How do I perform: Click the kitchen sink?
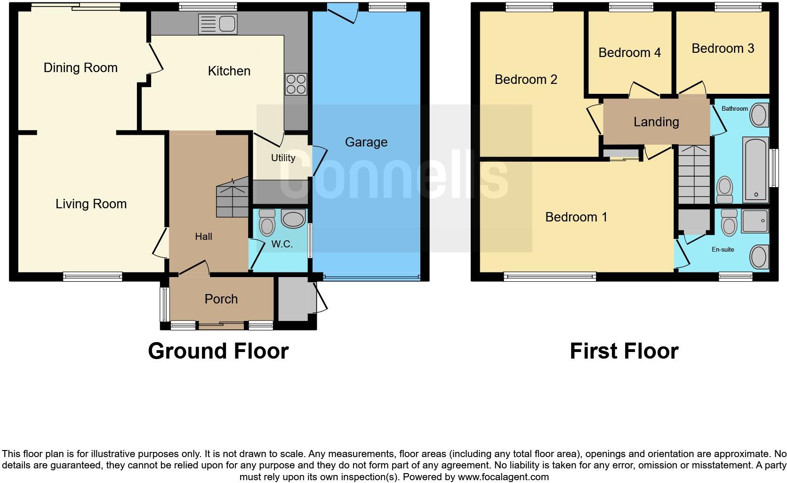tap(218, 24)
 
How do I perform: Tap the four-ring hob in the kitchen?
tap(296, 84)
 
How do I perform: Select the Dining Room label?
tap(80, 68)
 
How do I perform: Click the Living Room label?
tap(91, 204)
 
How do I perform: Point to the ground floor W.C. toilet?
tap(267, 222)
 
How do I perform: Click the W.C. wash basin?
tap(293, 219)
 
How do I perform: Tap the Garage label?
tap(366, 142)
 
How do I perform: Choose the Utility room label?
tap(283, 158)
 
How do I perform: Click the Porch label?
tap(221, 299)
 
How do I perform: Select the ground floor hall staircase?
tap(232, 197)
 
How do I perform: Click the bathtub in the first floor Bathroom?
tap(755, 170)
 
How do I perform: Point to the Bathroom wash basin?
tap(758, 115)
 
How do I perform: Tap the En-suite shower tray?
tap(755, 221)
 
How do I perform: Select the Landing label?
tap(656, 122)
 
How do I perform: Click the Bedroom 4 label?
tap(629, 52)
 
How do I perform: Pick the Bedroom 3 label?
tap(723, 49)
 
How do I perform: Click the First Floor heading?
tap(624, 352)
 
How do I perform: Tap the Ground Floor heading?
tap(218, 352)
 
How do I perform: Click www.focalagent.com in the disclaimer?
tap(503, 477)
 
